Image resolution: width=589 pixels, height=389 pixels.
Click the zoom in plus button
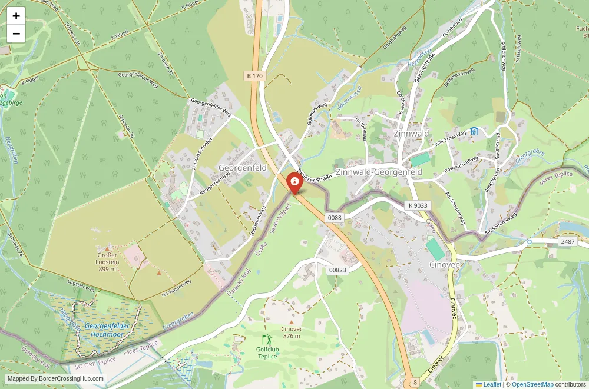coord(16,16)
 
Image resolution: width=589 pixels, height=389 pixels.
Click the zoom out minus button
coord(16,34)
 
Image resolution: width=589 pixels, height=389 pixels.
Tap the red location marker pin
coord(294,182)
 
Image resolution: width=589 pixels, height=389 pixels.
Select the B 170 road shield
coord(254,76)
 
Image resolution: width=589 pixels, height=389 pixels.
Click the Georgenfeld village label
coord(242,168)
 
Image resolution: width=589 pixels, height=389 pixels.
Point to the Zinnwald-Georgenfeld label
coord(378,172)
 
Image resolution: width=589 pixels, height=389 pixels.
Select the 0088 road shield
coord(335,218)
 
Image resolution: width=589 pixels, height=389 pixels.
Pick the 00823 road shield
coord(337,269)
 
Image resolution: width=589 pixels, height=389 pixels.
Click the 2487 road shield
coord(567,242)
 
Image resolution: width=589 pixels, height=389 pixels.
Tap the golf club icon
coord(267,340)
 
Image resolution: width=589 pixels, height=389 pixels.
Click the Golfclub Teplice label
coord(267,353)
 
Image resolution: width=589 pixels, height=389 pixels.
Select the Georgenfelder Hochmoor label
coord(106,329)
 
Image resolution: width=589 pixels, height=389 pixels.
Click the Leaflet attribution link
coord(488,384)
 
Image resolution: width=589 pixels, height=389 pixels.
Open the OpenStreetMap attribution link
coord(532,384)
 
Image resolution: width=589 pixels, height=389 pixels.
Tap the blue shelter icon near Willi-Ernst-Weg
coord(474,131)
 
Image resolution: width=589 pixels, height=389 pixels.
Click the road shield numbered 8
coord(415,383)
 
